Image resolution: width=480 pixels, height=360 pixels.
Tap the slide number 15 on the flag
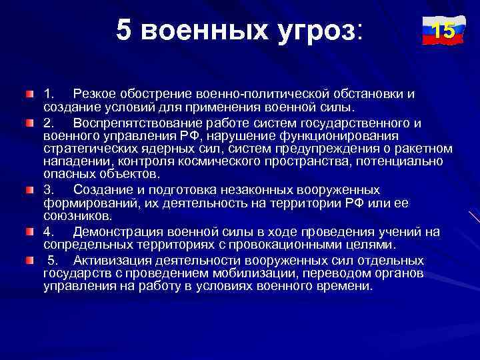click(x=440, y=31)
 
